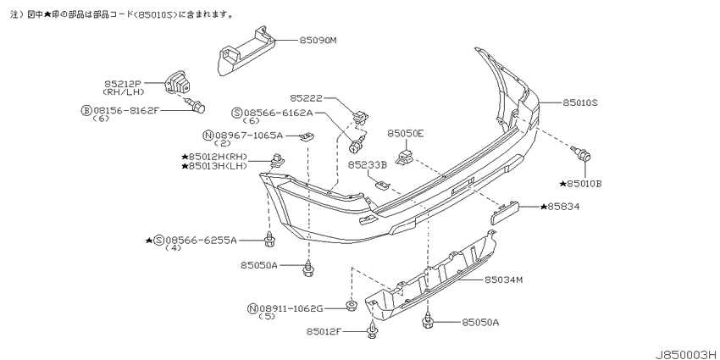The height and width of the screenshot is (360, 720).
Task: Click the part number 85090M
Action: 318,41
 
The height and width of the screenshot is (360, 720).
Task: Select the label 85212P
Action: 122,84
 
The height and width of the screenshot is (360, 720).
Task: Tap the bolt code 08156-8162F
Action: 126,111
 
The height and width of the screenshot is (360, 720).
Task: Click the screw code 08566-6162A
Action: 278,113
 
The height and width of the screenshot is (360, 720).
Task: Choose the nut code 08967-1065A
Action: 249,136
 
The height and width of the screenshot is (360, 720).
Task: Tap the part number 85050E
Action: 406,134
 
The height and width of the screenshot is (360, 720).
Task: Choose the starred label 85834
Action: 560,207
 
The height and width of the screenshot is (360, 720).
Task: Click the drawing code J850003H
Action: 686,354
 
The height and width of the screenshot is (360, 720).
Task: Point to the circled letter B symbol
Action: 86,111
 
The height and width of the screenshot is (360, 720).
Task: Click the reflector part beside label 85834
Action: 505,212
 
